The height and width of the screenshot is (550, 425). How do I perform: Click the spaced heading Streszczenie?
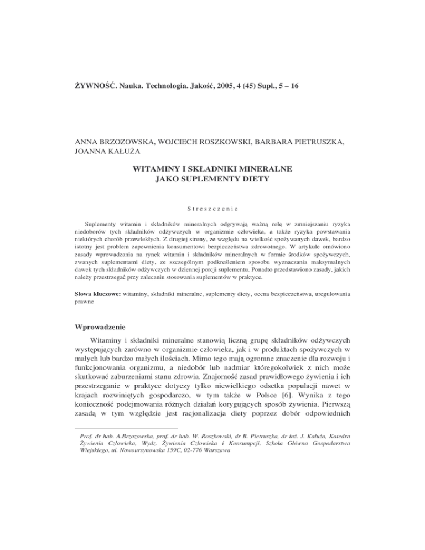(212, 224)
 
